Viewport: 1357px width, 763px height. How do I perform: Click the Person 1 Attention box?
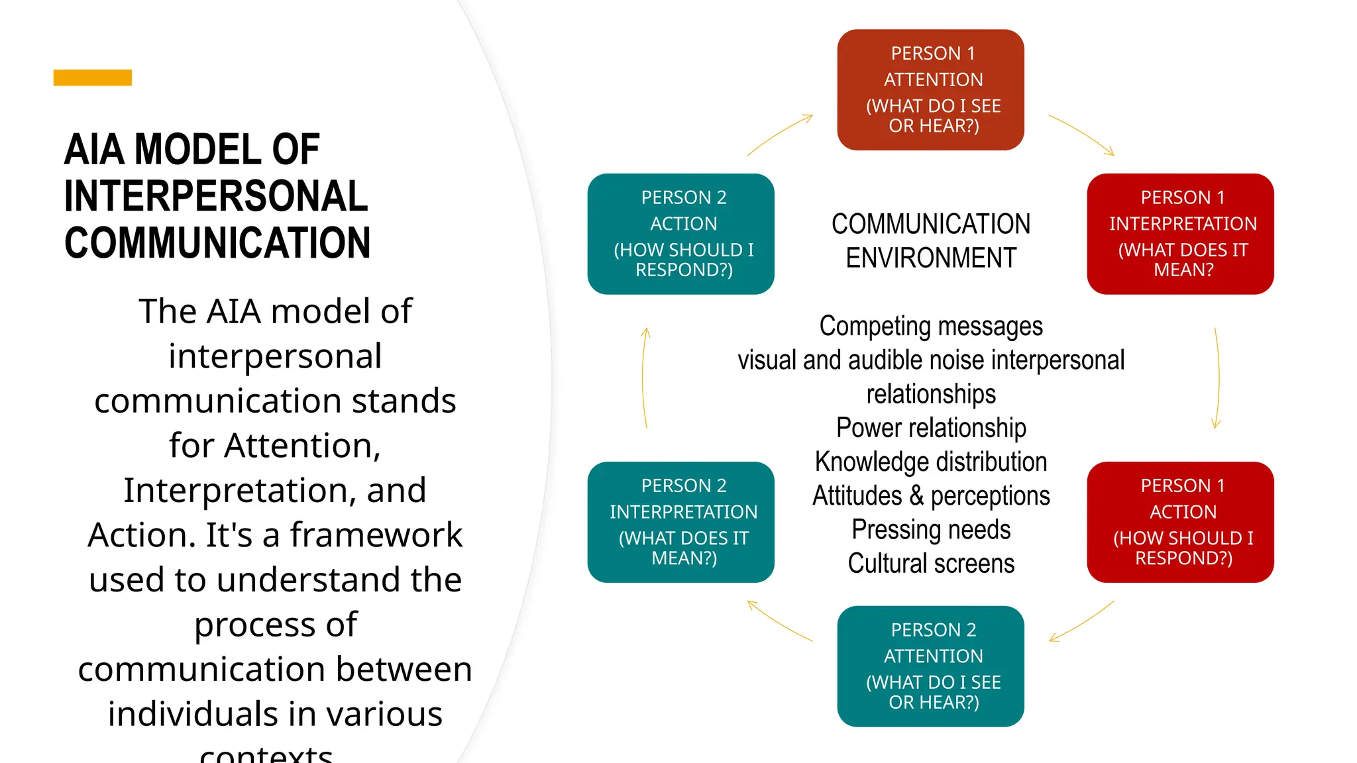930,89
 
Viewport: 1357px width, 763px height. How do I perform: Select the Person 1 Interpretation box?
1180,234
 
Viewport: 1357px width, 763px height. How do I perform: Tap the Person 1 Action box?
1180,522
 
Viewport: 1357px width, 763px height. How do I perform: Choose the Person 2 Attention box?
930,666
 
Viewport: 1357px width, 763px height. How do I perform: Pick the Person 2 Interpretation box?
680,522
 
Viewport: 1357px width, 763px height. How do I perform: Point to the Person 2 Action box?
680,234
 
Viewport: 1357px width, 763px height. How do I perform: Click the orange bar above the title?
92,77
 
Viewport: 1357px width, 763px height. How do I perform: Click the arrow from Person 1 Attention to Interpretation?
1083,134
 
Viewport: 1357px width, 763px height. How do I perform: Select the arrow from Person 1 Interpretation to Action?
1218,378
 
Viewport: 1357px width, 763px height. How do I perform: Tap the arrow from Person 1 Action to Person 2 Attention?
1081,622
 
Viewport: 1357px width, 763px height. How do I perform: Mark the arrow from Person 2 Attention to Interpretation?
779,621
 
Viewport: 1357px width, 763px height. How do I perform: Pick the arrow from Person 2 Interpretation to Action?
643,378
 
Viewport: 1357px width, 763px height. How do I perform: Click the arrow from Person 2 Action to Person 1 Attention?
780,134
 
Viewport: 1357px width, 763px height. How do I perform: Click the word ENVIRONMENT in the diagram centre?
931,258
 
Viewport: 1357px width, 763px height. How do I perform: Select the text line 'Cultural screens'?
931,564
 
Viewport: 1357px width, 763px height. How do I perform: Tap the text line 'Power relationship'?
931,428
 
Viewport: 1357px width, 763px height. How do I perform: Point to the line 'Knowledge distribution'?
931,462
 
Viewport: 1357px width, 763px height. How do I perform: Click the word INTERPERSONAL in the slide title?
216,196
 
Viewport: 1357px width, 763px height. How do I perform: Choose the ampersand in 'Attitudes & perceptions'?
916,496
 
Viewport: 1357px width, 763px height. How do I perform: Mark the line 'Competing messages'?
931,326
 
